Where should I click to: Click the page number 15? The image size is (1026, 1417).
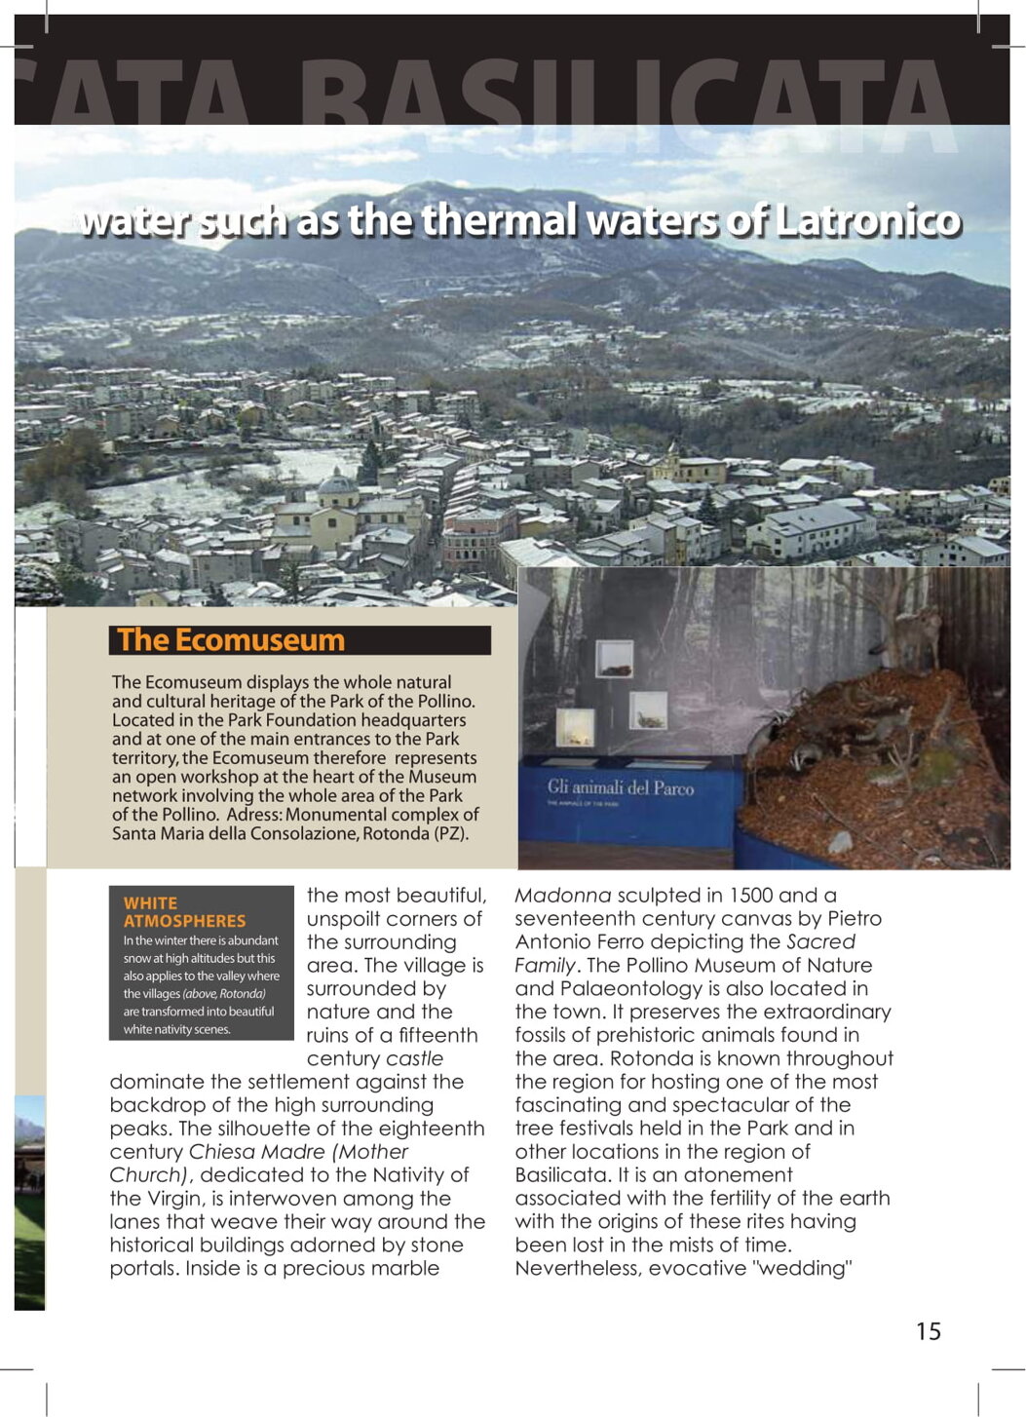click(928, 1331)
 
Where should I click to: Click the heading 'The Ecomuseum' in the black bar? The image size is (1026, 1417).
click(231, 640)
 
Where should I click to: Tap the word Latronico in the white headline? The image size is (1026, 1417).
click(868, 220)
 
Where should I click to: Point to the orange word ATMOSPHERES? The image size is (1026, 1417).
click(184, 921)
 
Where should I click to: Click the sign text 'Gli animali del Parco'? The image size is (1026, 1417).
click(621, 787)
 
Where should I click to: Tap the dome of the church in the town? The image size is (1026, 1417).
click(338, 484)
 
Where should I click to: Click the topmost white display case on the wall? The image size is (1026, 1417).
click(614, 659)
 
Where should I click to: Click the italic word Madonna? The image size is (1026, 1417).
click(562, 896)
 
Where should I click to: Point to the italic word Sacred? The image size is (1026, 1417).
click(820, 942)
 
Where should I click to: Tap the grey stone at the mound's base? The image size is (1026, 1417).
click(839, 840)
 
